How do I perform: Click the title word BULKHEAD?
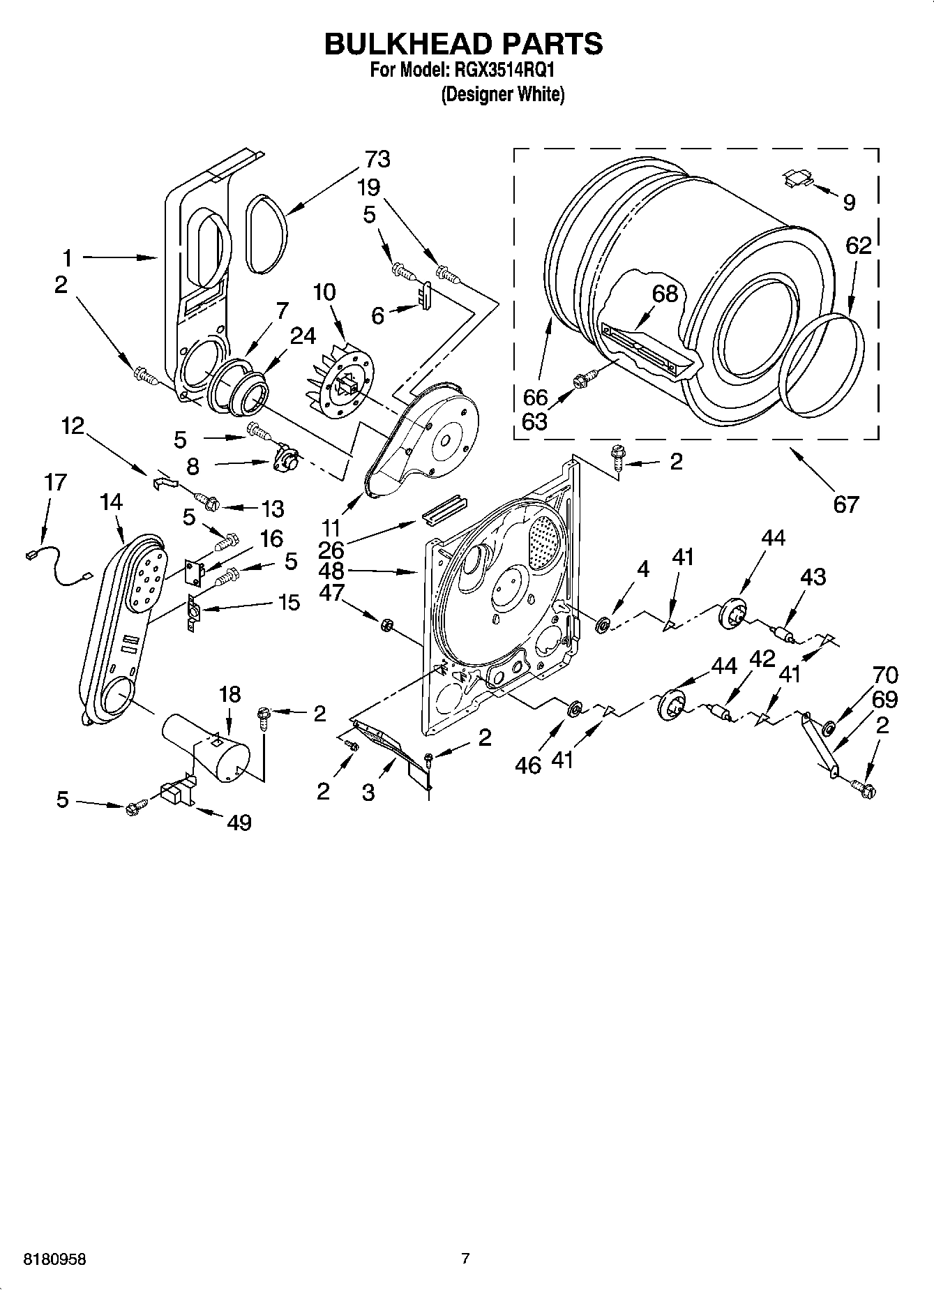pyautogui.click(x=406, y=43)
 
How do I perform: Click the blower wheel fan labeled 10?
pyautogui.click(x=340, y=381)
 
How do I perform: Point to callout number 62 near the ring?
pyautogui.click(x=859, y=246)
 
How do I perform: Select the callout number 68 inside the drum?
pyautogui.click(x=664, y=294)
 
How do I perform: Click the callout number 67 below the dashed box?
pyautogui.click(x=845, y=503)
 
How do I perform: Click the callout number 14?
pyautogui.click(x=111, y=502)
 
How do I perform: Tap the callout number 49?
pyautogui.click(x=239, y=823)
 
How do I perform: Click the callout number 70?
pyautogui.click(x=884, y=675)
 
